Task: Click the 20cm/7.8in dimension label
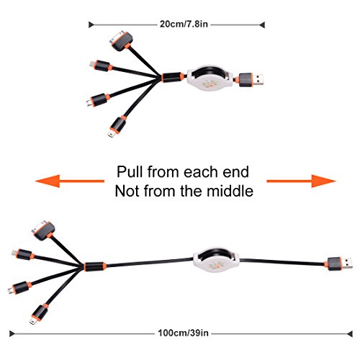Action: coord(184,24)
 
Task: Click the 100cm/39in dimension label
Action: coord(183,333)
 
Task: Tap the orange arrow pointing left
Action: coord(70,181)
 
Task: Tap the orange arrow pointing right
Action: coord(302,181)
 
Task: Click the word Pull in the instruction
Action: coord(130,172)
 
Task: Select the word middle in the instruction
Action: coord(230,191)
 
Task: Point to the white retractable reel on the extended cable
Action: coord(216,261)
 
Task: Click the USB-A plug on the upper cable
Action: coord(251,79)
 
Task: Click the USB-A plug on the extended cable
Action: coord(340,264)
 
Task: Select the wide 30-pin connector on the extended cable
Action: coord(44,230)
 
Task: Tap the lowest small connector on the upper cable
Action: coord(117,127)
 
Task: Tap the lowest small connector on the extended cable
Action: coord(39,314)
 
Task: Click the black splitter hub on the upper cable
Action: coord(173,77)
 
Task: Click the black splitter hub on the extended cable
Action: coord(95,266)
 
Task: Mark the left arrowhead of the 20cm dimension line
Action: coord(91,24)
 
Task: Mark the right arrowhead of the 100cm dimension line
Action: coord(350,333)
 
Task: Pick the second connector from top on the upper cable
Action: coord(101,66)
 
